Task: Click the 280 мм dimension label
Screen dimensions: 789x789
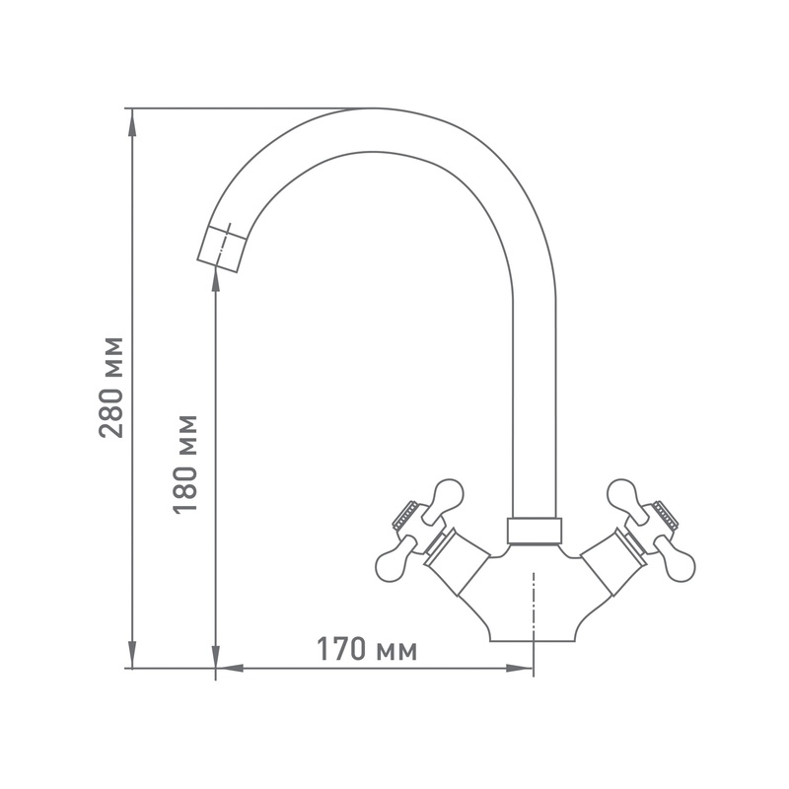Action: tap(111, 387)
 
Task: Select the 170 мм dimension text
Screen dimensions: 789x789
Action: tap(366, 650)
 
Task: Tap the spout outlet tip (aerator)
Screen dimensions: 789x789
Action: tap(221, 245)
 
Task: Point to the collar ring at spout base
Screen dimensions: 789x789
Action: tap(534, 530)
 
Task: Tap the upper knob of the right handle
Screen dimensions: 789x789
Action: tap(622, 493)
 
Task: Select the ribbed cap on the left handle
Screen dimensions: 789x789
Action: tap(404, 514)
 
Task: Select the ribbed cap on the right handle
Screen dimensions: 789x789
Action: tap(663, 514)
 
